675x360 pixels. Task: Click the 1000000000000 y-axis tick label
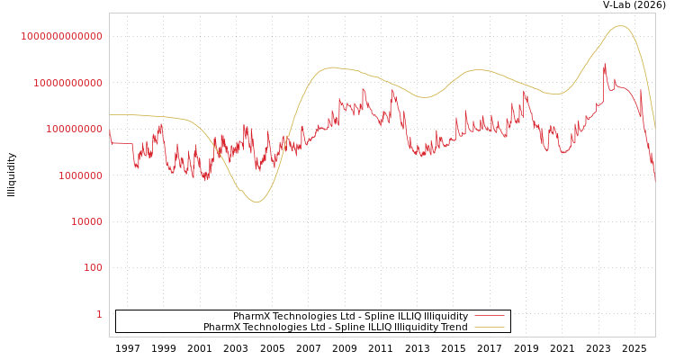coord(62,36)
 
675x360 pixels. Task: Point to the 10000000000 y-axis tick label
coord(67,83)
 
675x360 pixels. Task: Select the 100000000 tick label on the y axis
coord(73,130)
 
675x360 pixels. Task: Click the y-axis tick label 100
coord(93,268)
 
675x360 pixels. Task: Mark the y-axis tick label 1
coord(99,314)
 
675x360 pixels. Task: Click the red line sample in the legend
coord(490,316)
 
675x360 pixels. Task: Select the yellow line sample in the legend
coord(490,327)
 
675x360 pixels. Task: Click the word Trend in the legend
coord(454,328)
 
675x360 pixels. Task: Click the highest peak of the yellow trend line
coord(620,26)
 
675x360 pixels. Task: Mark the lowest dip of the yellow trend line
coord(256,202)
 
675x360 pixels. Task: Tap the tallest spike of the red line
coord(605,64)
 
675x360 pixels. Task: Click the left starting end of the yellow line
coord(110,114)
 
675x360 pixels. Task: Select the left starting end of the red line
coord(110,132)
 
